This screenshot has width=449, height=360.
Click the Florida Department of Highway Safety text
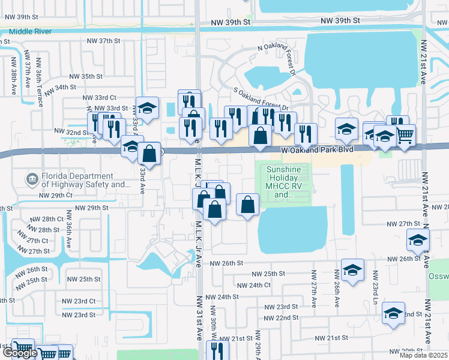(78, 180)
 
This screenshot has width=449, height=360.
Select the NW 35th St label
(86, 76)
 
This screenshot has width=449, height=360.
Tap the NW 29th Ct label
(55, 196)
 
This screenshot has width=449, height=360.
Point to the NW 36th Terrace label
(39, 82)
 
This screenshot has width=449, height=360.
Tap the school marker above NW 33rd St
(147, 108)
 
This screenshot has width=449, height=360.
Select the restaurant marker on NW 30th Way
(217, 350)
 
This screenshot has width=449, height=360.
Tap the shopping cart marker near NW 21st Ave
(405, 135)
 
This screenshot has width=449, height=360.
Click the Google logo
(20, 353)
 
